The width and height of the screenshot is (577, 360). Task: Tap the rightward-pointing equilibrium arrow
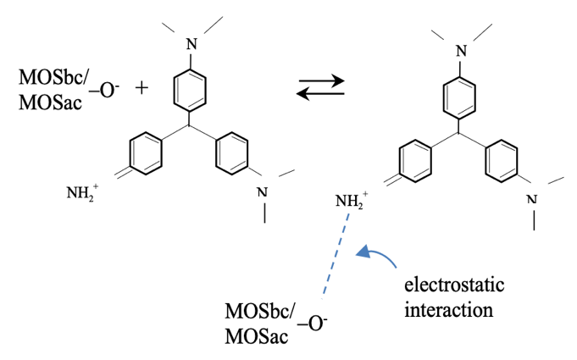pos(321,81)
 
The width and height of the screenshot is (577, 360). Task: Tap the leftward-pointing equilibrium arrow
pos(320,93)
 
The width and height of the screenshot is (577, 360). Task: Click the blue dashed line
pos(336,255)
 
